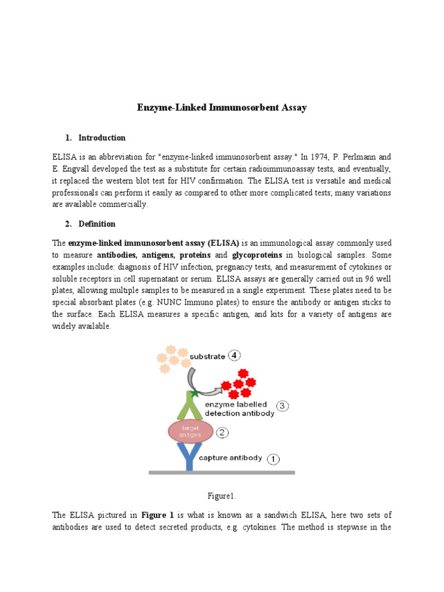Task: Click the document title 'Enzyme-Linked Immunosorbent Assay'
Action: click(221, 108)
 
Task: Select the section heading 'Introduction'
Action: click(102, 138)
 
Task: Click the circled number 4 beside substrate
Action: click(234, 356)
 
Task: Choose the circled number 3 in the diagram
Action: click(282, 406)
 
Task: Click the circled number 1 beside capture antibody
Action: click(273, 459)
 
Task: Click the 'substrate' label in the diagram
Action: click(206, 357)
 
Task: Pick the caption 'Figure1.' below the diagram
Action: click(221, 496)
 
